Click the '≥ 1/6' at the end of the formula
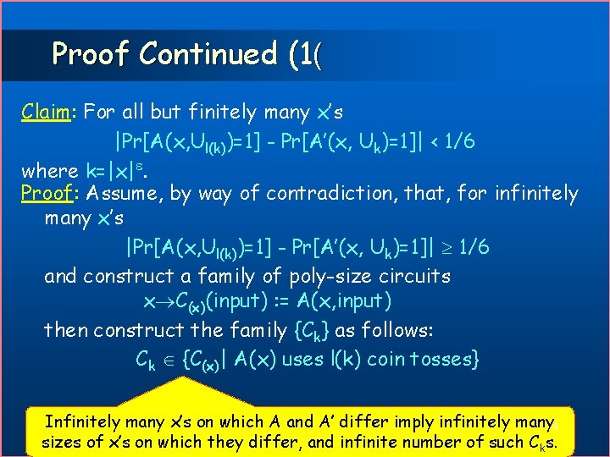(462, 248)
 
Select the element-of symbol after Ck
(169, 359)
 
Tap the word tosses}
(446, 359)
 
